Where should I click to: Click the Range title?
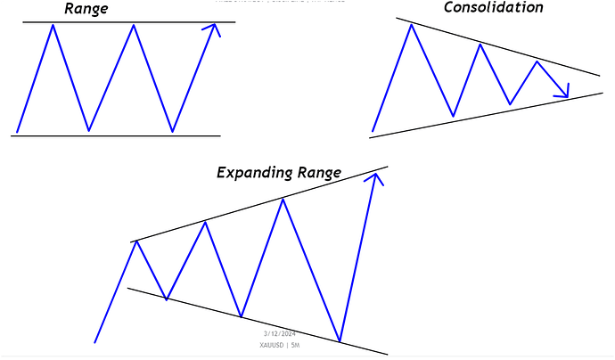86,10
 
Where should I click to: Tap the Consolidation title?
492,8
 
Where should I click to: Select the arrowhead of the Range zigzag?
211,29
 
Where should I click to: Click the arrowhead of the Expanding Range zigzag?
376,178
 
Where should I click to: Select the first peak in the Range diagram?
53,25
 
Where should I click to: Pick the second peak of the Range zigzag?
134,25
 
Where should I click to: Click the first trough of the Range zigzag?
88,131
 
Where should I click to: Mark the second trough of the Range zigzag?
172,131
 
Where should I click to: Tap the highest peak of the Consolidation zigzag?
411,25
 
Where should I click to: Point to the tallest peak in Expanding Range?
283,199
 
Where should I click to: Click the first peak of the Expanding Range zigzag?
136,241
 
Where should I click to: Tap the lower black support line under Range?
116,135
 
